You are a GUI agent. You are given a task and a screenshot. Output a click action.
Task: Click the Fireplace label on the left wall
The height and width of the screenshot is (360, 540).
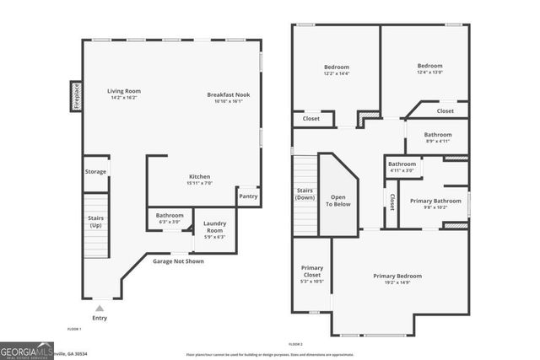76,96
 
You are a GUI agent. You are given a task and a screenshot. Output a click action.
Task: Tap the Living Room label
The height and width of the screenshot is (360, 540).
123,91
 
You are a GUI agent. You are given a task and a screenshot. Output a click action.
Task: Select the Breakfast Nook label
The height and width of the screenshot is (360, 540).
229,94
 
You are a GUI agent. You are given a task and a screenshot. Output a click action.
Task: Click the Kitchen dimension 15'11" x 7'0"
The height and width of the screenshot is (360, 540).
199,183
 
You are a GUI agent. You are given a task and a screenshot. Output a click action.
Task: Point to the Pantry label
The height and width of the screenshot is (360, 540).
248,196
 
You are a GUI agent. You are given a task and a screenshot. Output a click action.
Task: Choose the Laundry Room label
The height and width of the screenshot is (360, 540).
214,227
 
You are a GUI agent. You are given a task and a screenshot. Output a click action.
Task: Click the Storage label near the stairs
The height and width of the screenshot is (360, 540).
95,171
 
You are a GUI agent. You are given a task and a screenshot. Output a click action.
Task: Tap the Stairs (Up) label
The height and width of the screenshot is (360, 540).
95,221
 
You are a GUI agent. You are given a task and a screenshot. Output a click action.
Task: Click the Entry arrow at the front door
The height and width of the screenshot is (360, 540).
100,309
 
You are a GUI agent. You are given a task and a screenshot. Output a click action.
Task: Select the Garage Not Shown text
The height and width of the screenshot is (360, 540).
177,261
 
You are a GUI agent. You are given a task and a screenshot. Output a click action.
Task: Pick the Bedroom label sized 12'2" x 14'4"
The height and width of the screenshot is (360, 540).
336,67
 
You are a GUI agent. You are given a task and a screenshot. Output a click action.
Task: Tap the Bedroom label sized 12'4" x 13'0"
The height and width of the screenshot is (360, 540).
429,65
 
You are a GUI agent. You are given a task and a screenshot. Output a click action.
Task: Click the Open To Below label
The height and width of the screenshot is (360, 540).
338,199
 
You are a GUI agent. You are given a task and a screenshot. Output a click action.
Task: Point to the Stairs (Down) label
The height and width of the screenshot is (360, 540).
305,195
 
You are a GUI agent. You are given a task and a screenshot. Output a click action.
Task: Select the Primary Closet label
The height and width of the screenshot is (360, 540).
312,271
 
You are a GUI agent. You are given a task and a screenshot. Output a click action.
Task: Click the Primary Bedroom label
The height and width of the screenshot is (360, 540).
397,276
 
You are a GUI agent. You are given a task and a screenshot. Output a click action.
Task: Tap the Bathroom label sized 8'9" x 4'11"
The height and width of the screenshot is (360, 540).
438,135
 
